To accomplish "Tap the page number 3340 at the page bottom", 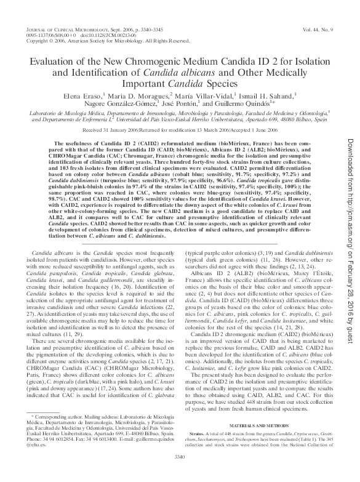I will click(180, 472).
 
